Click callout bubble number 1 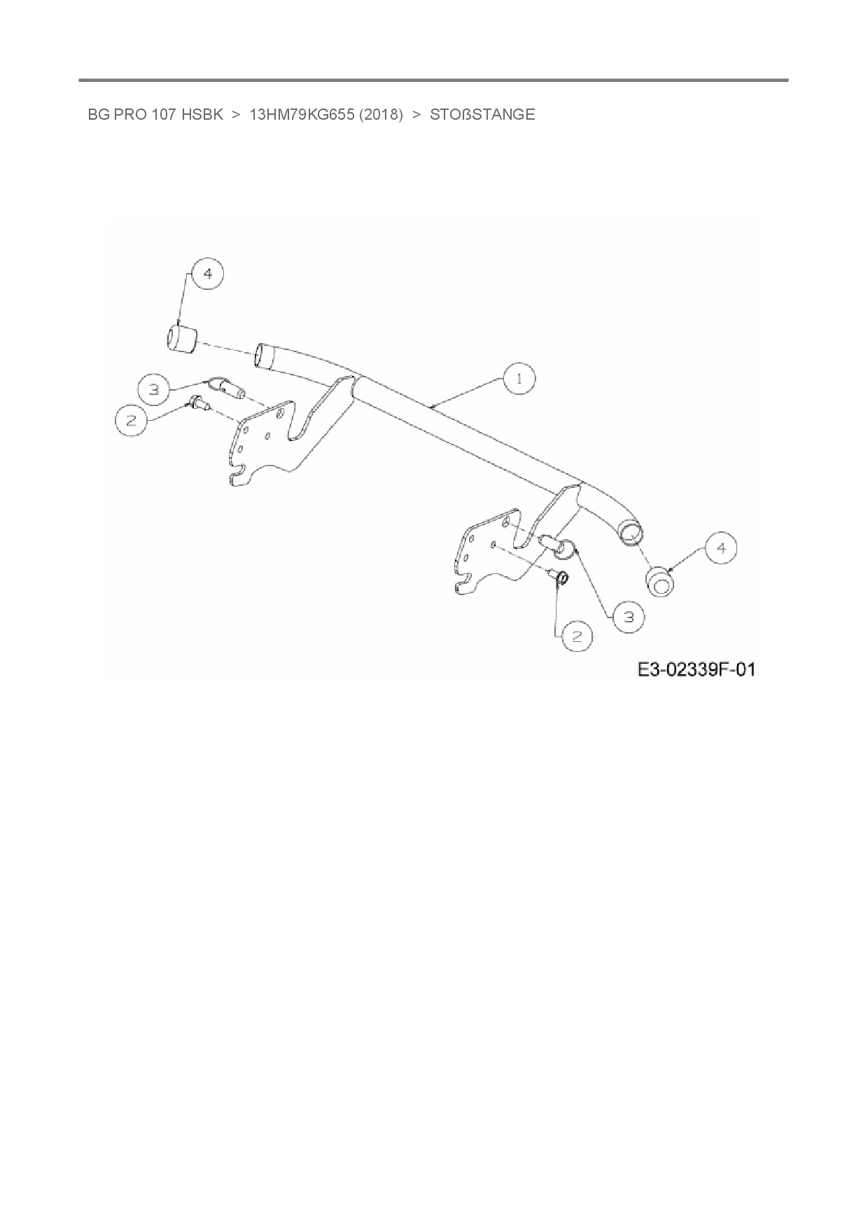point(519,379)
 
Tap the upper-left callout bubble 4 point(207,274)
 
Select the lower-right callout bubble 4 point(722,549)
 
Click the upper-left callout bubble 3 point(155,389)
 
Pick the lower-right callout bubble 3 point(628,617)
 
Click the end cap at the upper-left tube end point(179,339)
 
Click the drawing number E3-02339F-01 point(696,670)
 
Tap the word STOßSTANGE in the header point(482,115)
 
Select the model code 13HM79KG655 point(301,115)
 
